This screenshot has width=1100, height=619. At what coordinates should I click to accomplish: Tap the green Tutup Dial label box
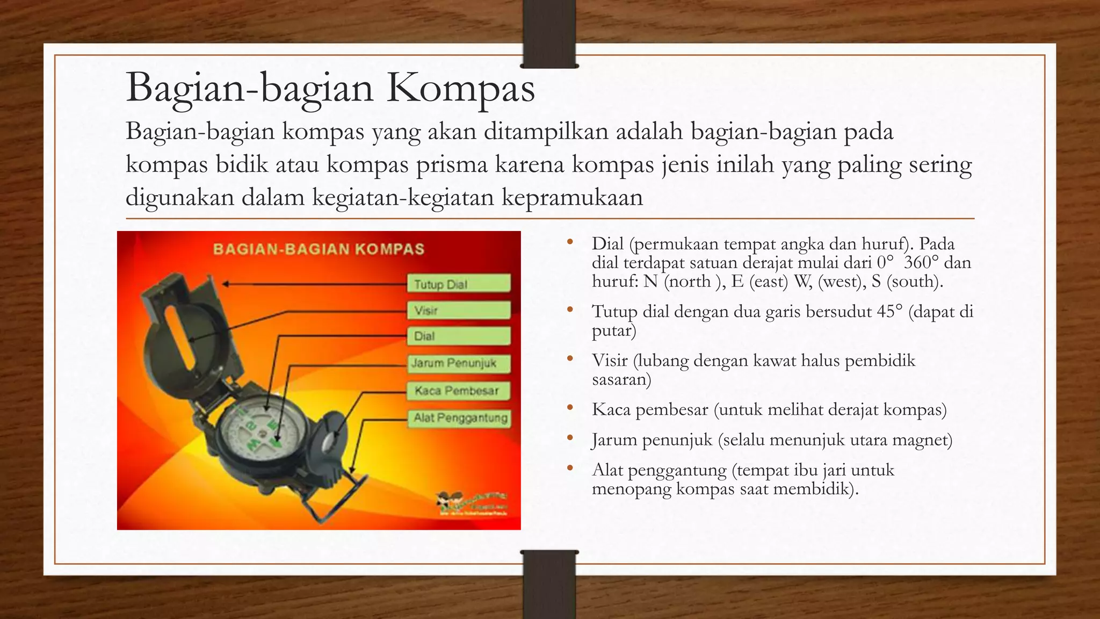[458, 284]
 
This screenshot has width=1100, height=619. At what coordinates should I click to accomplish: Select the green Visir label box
[458, 310]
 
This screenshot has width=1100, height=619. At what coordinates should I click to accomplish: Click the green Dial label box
[458, 336]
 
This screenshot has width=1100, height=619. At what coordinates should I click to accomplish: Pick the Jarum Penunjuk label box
[458, 363]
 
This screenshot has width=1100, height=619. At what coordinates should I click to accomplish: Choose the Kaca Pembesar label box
[458, 391]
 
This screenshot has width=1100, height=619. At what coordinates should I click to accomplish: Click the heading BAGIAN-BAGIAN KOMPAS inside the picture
[319, 249]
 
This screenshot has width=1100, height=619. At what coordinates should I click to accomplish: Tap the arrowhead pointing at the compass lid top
[226, 284]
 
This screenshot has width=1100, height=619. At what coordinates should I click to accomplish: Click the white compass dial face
[260, 430]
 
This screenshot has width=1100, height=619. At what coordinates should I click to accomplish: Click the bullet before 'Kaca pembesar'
[570, 408]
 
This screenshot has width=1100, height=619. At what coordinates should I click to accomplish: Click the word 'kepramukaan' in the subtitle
[572, 198]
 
